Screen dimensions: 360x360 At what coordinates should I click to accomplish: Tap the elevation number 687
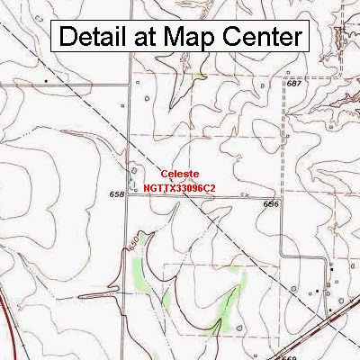point(293,83)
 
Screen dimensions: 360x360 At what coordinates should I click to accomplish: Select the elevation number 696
point(272,204)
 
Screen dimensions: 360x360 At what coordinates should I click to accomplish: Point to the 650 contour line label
point(130,245)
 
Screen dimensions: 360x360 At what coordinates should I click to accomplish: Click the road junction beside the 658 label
point(126,198)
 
